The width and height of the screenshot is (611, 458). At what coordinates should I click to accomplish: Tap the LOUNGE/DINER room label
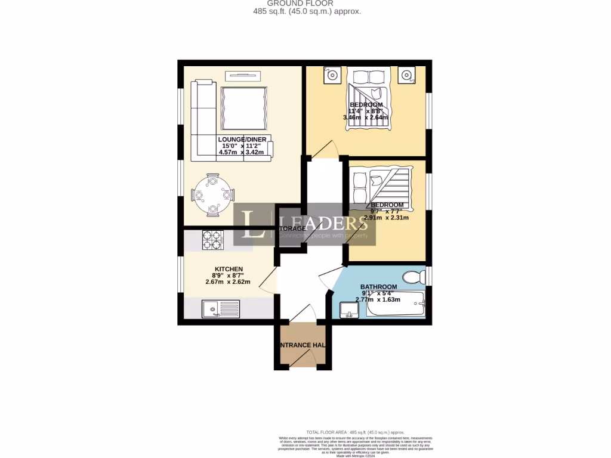click(233, 140)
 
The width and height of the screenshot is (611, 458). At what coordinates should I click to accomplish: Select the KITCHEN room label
click(229, 269)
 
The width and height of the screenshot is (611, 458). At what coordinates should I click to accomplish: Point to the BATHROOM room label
click(378, 287)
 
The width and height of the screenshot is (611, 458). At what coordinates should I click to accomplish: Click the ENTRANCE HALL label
click(303, 345)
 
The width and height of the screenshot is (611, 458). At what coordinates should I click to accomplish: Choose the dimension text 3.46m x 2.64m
click(366, 117)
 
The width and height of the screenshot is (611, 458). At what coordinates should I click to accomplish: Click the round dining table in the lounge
click(212, 195)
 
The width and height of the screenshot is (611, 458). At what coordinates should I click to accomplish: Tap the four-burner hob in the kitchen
click(212, 239)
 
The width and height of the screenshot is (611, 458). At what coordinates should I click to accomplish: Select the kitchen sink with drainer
click(220, 308)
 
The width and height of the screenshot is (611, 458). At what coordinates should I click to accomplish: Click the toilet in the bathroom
click(413, 277)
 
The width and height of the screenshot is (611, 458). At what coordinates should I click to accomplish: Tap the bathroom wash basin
click(348, 310)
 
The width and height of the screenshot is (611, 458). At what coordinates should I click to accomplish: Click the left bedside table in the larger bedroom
click(332, 76)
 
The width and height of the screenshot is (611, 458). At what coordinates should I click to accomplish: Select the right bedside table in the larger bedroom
click(407, 76)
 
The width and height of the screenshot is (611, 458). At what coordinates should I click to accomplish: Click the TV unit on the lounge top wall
click(243, 75)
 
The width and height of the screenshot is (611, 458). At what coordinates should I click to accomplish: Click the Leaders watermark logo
click(304, 225)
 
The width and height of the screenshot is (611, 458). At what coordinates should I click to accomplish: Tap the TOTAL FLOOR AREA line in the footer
click(355, 432)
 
